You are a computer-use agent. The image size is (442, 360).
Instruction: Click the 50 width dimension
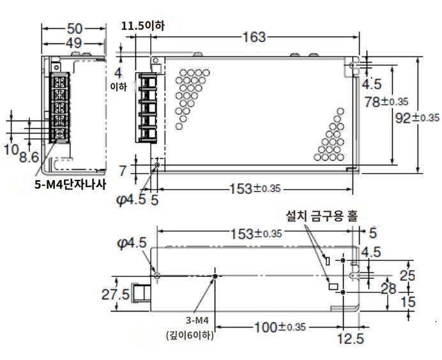(75, 29)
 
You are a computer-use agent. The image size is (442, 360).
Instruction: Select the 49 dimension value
(74, 43)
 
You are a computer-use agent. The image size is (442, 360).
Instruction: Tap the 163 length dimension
(254, 37)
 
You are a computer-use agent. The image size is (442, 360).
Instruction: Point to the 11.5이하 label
(142, 26)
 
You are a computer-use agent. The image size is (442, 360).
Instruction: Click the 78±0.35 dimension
(386, 101)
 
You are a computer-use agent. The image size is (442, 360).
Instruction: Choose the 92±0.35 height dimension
(417, 117)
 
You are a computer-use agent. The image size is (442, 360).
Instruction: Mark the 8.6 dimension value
(29, 158)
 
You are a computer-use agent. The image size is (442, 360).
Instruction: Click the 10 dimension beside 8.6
(11, 149)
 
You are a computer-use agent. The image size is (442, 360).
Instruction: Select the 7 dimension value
(123, 170)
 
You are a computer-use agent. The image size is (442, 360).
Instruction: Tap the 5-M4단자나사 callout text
(70, 184)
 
